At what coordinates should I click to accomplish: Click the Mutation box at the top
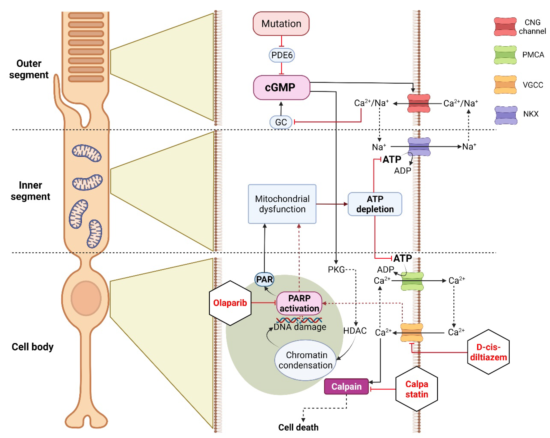(x=281, y=24)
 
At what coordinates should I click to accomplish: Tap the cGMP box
(x=281, y=87)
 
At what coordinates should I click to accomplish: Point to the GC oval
(x=281, y=122)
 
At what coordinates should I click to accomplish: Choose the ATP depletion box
(x=375, y=204)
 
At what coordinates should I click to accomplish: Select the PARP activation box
(x=299, y=303)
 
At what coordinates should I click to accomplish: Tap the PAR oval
(x=264, y=279)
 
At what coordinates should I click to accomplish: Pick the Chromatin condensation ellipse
(x=305, y=360)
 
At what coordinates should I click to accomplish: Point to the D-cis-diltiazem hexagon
(x=488, y=352)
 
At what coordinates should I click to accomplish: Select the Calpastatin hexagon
(x=416, y=389)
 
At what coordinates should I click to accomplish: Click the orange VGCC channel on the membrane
(x=412, y=332)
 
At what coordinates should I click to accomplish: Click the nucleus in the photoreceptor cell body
(x=86, y=298)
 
